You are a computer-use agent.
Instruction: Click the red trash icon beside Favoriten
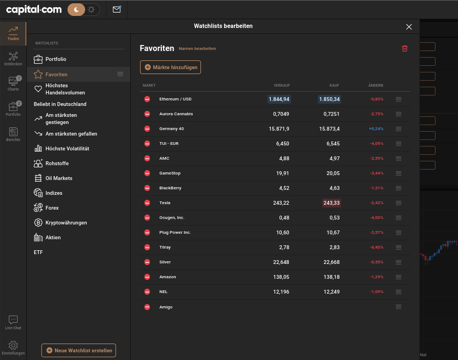coord(405,48)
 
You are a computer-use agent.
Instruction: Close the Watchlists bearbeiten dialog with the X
coord(409,27)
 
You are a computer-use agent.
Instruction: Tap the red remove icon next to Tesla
coord(147,203)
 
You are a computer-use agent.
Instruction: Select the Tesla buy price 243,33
coord(332,203)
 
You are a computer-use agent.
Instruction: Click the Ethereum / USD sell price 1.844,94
coord(279,99)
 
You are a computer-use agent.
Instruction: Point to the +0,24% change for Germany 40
coord(376,129)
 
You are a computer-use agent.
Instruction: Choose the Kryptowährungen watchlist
coord(66,223)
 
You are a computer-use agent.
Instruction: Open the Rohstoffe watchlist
coord(57,164)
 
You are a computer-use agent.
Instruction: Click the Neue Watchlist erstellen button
coord(79,350)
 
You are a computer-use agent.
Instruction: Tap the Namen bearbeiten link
coord(197,48)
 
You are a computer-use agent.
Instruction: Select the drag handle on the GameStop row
coord(398,173)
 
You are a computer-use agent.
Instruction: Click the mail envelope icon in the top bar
coord(117,9)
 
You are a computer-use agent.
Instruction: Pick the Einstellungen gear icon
coord(13,345)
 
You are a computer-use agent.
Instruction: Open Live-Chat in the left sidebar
coord(13,322)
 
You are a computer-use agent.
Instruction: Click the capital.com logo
coord(34,10)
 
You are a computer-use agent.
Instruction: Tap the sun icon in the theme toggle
coord(91,10)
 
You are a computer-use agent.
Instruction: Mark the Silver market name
coord(165,262)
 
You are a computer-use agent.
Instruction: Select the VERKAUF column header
coord(282,85)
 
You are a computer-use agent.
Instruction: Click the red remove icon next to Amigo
coord(147,307)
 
